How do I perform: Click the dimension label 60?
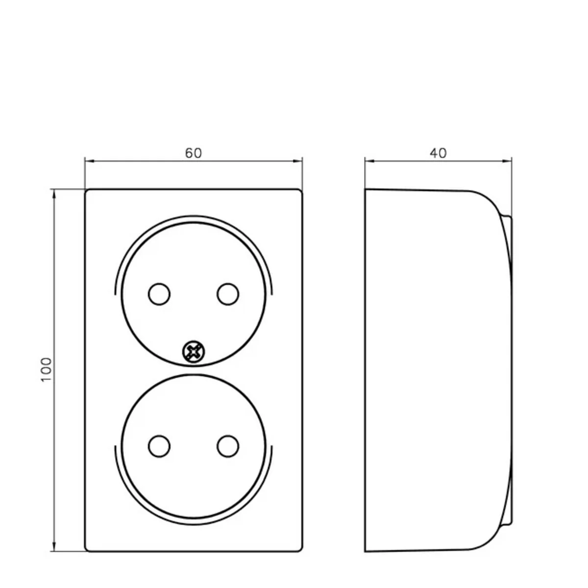tap(193, 153)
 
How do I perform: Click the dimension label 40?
tap(438, 153)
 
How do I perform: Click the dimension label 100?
tap(47, 369)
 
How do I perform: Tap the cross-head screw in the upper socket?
tap(194, 352)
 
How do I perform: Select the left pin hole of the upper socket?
tap(159, 294)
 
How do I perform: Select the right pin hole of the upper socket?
tap(228, 294)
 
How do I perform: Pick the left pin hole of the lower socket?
tap(159, 446)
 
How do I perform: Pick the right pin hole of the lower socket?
tap(228, 446)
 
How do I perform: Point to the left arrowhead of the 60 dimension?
tap(90, 161)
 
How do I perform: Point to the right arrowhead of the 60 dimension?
tap(297, 161)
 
